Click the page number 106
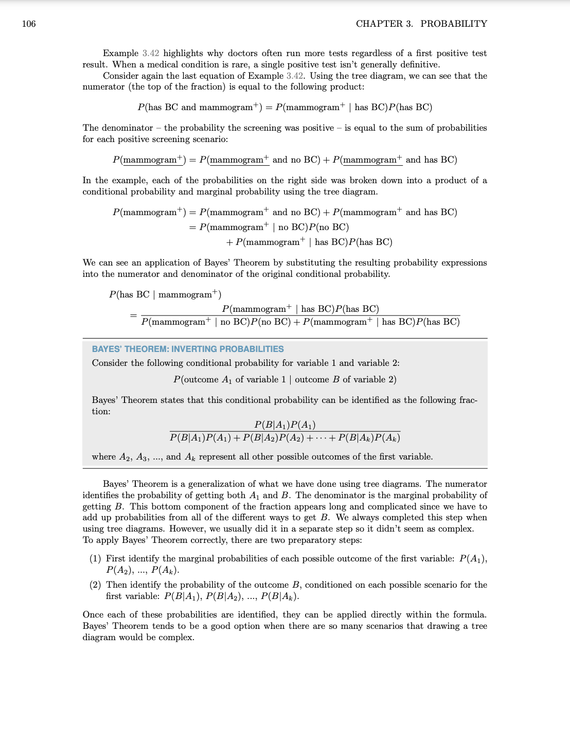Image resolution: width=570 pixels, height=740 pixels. [x=29, y=24]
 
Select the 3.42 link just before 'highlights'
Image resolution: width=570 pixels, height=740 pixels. [x=151, y=54]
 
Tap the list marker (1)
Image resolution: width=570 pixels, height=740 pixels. [x=95, y=559]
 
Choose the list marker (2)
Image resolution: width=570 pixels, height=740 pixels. [x=95, y=585]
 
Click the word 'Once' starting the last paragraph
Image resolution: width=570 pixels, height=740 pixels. [x=93, y=615]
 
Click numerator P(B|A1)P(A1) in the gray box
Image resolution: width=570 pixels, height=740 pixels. [x=284, y=425]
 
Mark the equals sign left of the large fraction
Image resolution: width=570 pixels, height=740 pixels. [x=133, y=315]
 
